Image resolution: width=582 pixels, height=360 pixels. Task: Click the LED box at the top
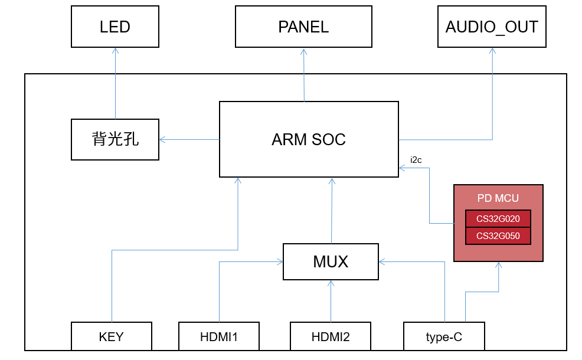pyautogui.click(x=115, y=27)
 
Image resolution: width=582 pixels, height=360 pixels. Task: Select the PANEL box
pyautogui.click(x=303, y=27)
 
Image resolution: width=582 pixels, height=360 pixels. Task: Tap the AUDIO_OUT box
pyautogui.click(x=492, y=27)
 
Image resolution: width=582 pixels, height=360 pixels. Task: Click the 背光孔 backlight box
pyautogui.click(x=115, y=139)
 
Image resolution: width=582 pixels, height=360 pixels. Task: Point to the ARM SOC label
pyautogui.click(x=309, y=140)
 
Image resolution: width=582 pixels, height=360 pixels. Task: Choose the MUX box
pyautogui.click(x=331, y=261)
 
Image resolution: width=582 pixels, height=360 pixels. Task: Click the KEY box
pyautogui.click(x=112, y=337)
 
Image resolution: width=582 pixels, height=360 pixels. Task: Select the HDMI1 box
pyautogui.click(x=219, y=337)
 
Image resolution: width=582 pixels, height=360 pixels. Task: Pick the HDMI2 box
pyautogui.click(x=331, y=337)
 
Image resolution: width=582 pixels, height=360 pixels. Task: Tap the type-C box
pyautogui.click(x=444, y=337)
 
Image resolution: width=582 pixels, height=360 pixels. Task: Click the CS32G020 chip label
pyautogui.click(x=498, y=218)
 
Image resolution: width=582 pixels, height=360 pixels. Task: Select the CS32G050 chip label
pyautogui.click(x=498, y=236)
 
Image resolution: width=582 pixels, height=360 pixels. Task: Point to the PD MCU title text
pyautogui.click(x=498, y=198)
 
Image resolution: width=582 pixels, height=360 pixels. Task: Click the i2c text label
pyautogui.click(x=416, y=159)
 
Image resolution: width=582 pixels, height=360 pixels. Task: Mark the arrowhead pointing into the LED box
pyautogui.click(x=115, y=51)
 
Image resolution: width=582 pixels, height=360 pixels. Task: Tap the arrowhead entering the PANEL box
pyautogui.click(x=304, y=51)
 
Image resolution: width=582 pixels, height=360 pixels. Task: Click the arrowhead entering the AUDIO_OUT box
pyautogui.click(x=492, y=51)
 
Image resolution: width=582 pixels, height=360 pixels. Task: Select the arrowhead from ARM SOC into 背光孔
pyautogui.click(x=162, y=139)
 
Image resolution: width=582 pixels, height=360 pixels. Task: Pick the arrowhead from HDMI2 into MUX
pyautogui.click(x=331, y=283)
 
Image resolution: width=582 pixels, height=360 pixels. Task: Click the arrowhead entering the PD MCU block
pyautogui.click(x=499, y=265)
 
